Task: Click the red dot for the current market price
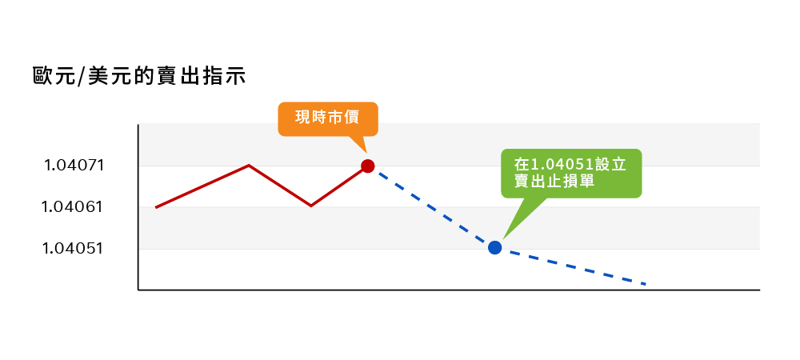click(368, 166)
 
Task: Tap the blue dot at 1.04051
click(495, 248)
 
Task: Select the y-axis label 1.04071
click(74, 166)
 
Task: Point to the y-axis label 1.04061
click(72, 207)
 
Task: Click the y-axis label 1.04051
click(72, 248)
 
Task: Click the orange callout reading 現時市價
click(328, 119)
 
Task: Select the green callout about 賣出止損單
click(571, 174)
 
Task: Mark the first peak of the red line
click(249, 166)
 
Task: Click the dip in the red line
click(310, 206)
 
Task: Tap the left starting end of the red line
click(156, 207)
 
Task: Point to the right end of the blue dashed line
click(646, 284)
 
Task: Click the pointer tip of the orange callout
click(366, 153)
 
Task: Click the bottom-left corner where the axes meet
click(138, 290)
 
